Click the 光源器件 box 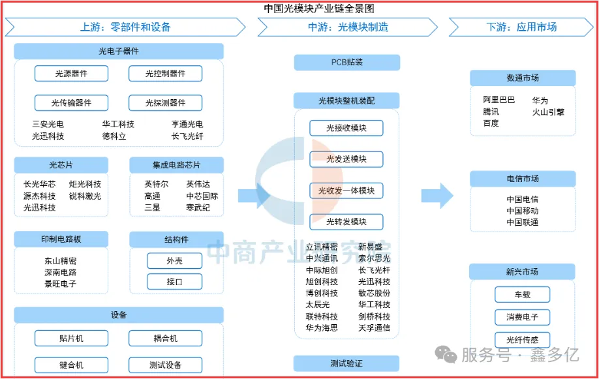(x=71, y=73)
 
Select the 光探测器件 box (x=166, y=103)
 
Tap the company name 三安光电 (x=48, y=124)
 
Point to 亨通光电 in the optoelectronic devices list (x=187, y=124)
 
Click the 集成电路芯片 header (x=176, y=165)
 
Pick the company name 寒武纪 (x=198, y=207)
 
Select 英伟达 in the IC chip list (x=198, y=184)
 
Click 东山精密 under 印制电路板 (x=61, y=261)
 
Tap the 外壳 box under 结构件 (x=175, y=261)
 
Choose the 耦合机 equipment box (x=166, y=339)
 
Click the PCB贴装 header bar (x=347, y=62)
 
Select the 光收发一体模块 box (x=346, y=190)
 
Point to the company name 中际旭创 (x=322, y=270)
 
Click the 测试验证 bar (x=346, y=363)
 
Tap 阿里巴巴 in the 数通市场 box (x=499, y=100)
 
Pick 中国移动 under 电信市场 (x=523, y=211)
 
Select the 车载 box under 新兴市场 (x=522, y=295)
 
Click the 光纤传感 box (x=522, y=340)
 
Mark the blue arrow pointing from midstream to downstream (x=437, y=196)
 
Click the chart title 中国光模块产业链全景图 (x=319, y=8)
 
